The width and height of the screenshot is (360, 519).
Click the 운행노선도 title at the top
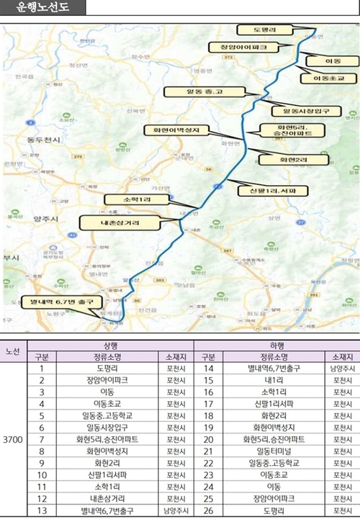(x=42, y=9)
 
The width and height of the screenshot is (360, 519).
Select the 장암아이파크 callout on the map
(x=238, y=47)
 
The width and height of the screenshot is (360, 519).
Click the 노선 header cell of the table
(x=13, y=351)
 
